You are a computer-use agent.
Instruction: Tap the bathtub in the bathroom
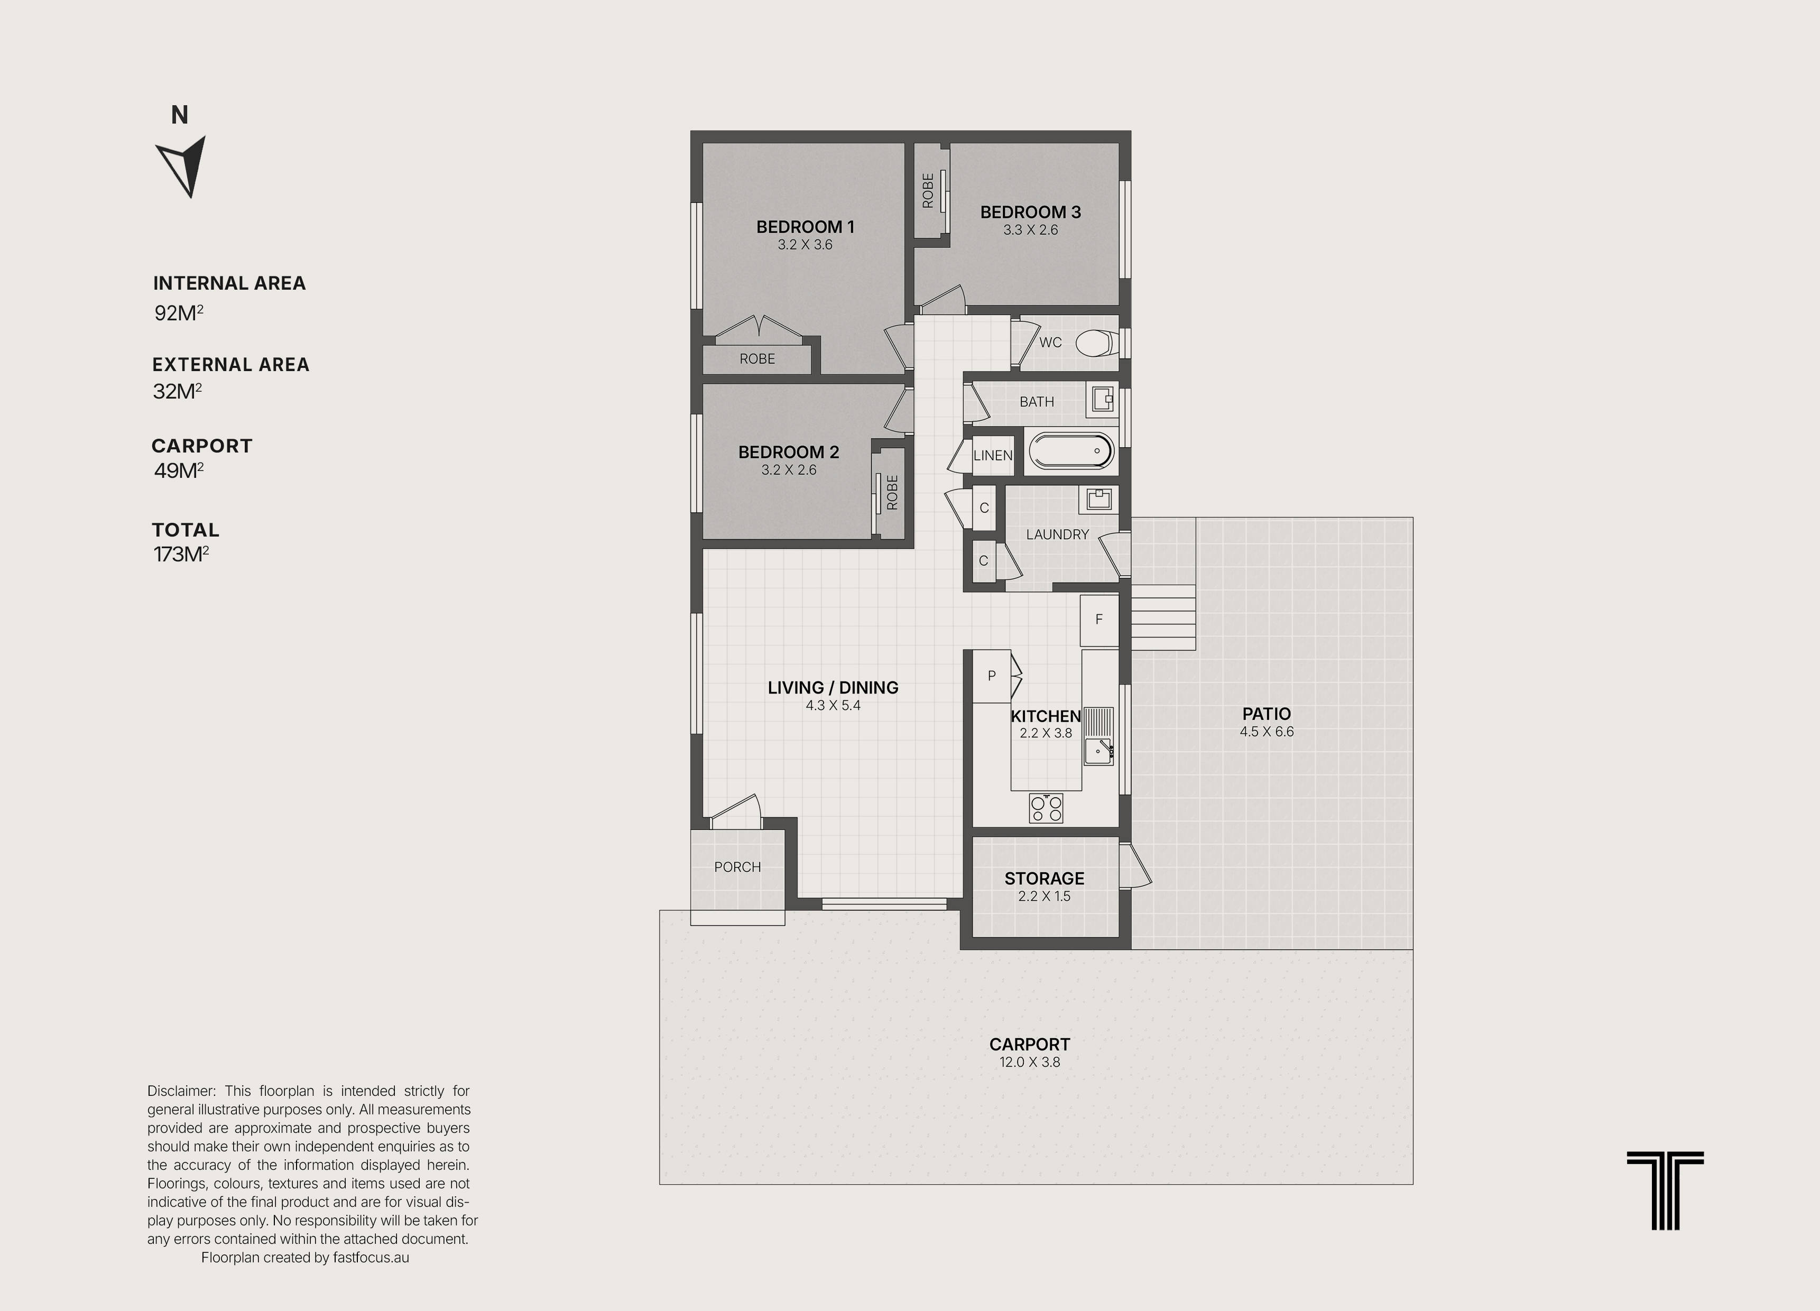(x=1071, y=451)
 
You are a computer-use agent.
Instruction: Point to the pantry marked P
(x=992, y=676)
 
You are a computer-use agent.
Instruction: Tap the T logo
(x=1665, y=1190)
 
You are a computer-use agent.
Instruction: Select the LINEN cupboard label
(x=993, y=455)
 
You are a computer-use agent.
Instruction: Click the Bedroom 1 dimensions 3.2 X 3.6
(x=805, y=245)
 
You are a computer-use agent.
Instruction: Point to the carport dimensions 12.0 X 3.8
(x=1030, y=1061)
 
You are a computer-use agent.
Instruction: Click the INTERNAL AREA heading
(x=229, y=283)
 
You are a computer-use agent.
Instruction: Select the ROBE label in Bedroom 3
(x=928, y=191)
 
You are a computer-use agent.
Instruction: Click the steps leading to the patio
(x=1163, y=616)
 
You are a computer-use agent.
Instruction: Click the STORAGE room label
(x=1044, y=879)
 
